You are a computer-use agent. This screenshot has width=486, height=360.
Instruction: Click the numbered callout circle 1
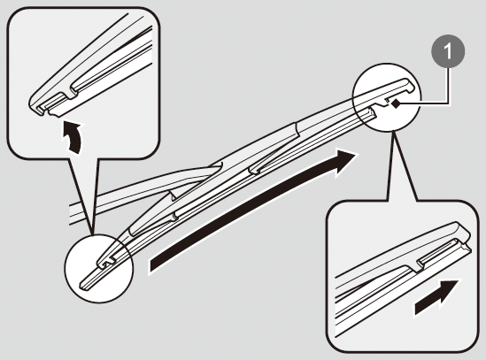click(448, 51)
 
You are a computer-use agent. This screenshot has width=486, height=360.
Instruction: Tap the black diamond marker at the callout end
click(396, 104)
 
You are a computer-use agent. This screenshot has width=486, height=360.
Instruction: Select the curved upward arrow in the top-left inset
click(73, 136)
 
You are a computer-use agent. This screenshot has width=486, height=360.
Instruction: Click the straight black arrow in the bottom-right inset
click(436, 296)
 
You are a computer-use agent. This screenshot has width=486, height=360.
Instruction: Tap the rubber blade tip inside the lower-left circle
click(85, 283)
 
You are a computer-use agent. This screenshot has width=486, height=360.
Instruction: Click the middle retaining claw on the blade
click(254, 170)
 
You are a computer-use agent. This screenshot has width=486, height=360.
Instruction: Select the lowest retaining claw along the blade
click(174, 216)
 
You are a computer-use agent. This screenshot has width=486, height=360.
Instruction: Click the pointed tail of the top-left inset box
click(92, 232)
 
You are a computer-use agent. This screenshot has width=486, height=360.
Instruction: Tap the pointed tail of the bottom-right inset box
click(394, 133)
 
